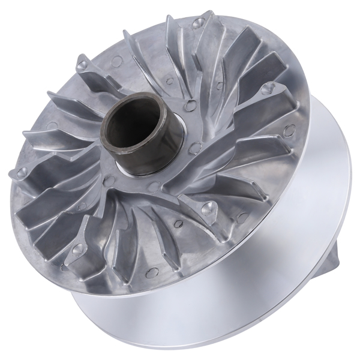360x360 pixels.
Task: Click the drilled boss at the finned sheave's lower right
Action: [209, 208]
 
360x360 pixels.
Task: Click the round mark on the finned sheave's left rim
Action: [52, 126]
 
